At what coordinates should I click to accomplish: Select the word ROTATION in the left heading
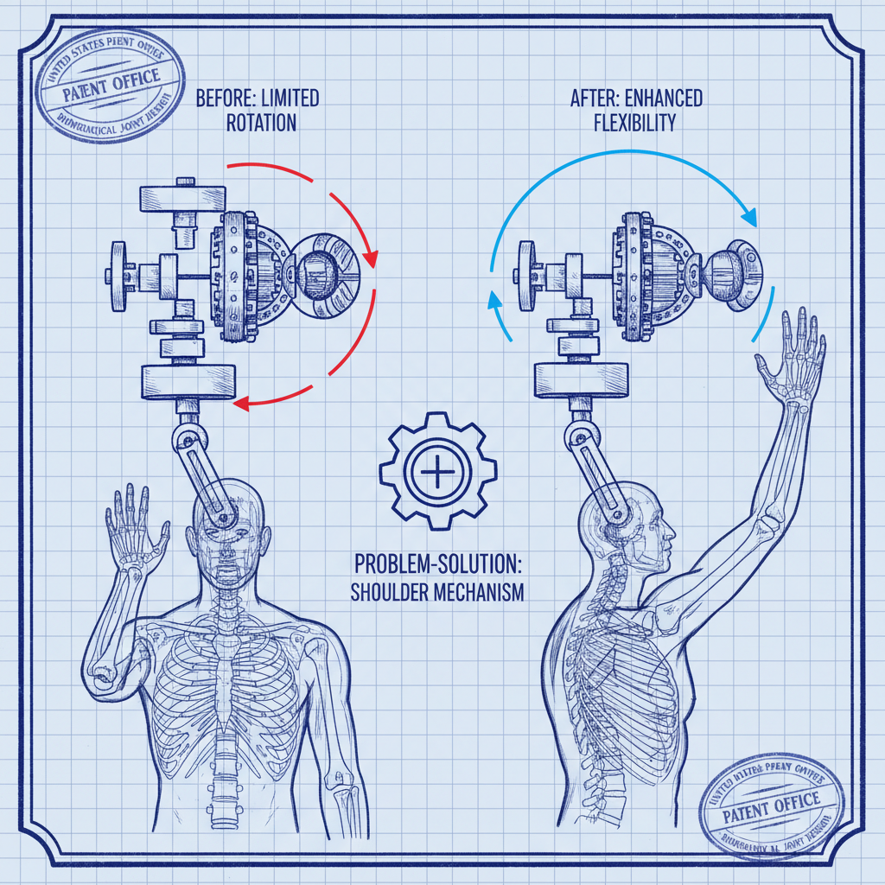261,123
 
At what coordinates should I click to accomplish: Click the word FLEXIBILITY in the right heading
634,123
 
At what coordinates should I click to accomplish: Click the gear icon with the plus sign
437,472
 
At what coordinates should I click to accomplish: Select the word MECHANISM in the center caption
483,594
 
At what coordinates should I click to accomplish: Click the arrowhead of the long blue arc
748,218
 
